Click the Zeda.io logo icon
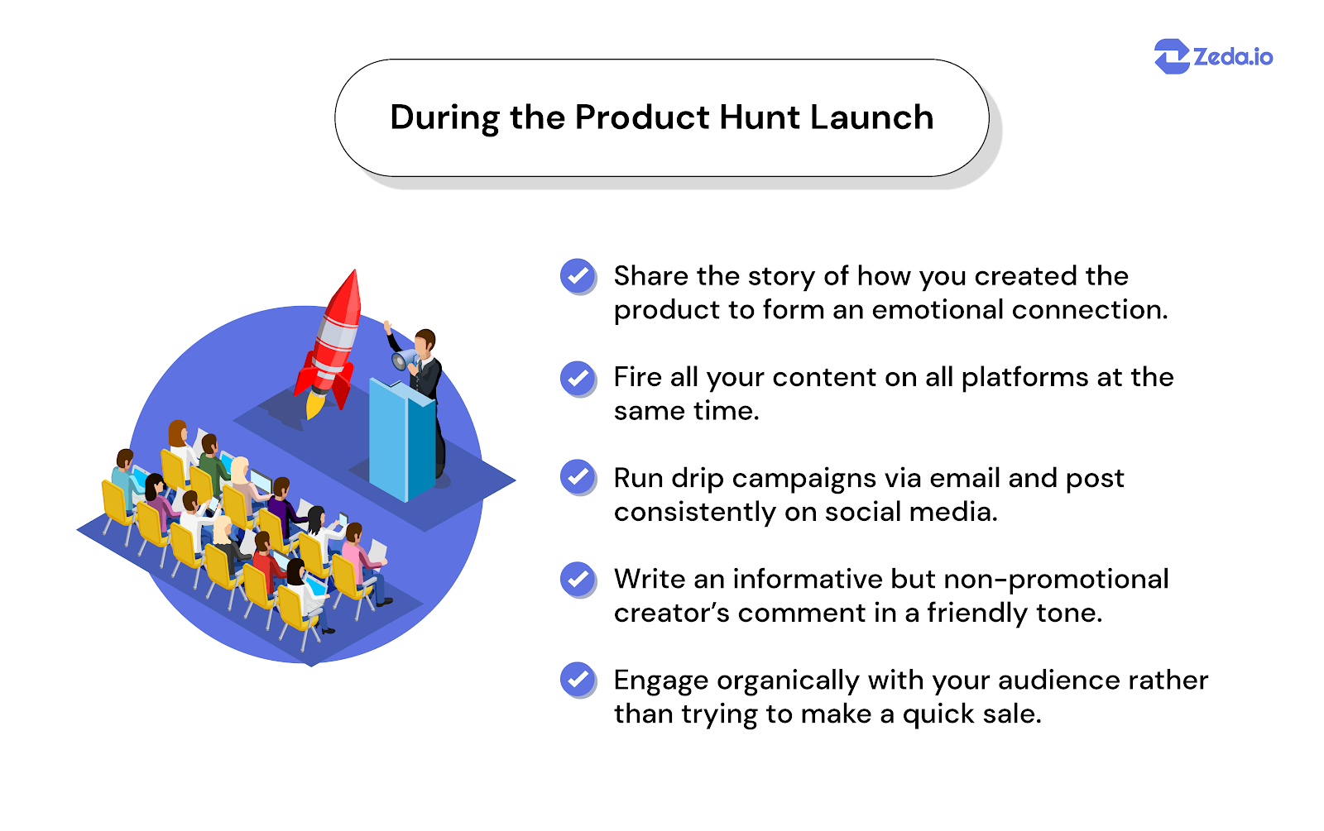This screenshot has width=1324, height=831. [x=1171, y=56]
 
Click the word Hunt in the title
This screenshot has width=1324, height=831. [x=760, y=117]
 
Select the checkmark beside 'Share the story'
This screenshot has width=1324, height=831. [x=578, y=275]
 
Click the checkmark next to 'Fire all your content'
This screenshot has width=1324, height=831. [x=578, y=377]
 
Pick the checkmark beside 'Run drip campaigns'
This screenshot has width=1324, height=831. [x=578, y=477]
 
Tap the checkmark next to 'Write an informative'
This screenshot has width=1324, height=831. [x=578, y=579]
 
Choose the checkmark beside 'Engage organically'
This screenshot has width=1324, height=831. [x=578, y=680]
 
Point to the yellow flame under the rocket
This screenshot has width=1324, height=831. [x=315, y=404]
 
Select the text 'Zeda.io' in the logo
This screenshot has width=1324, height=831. [x=1232, y=56]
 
